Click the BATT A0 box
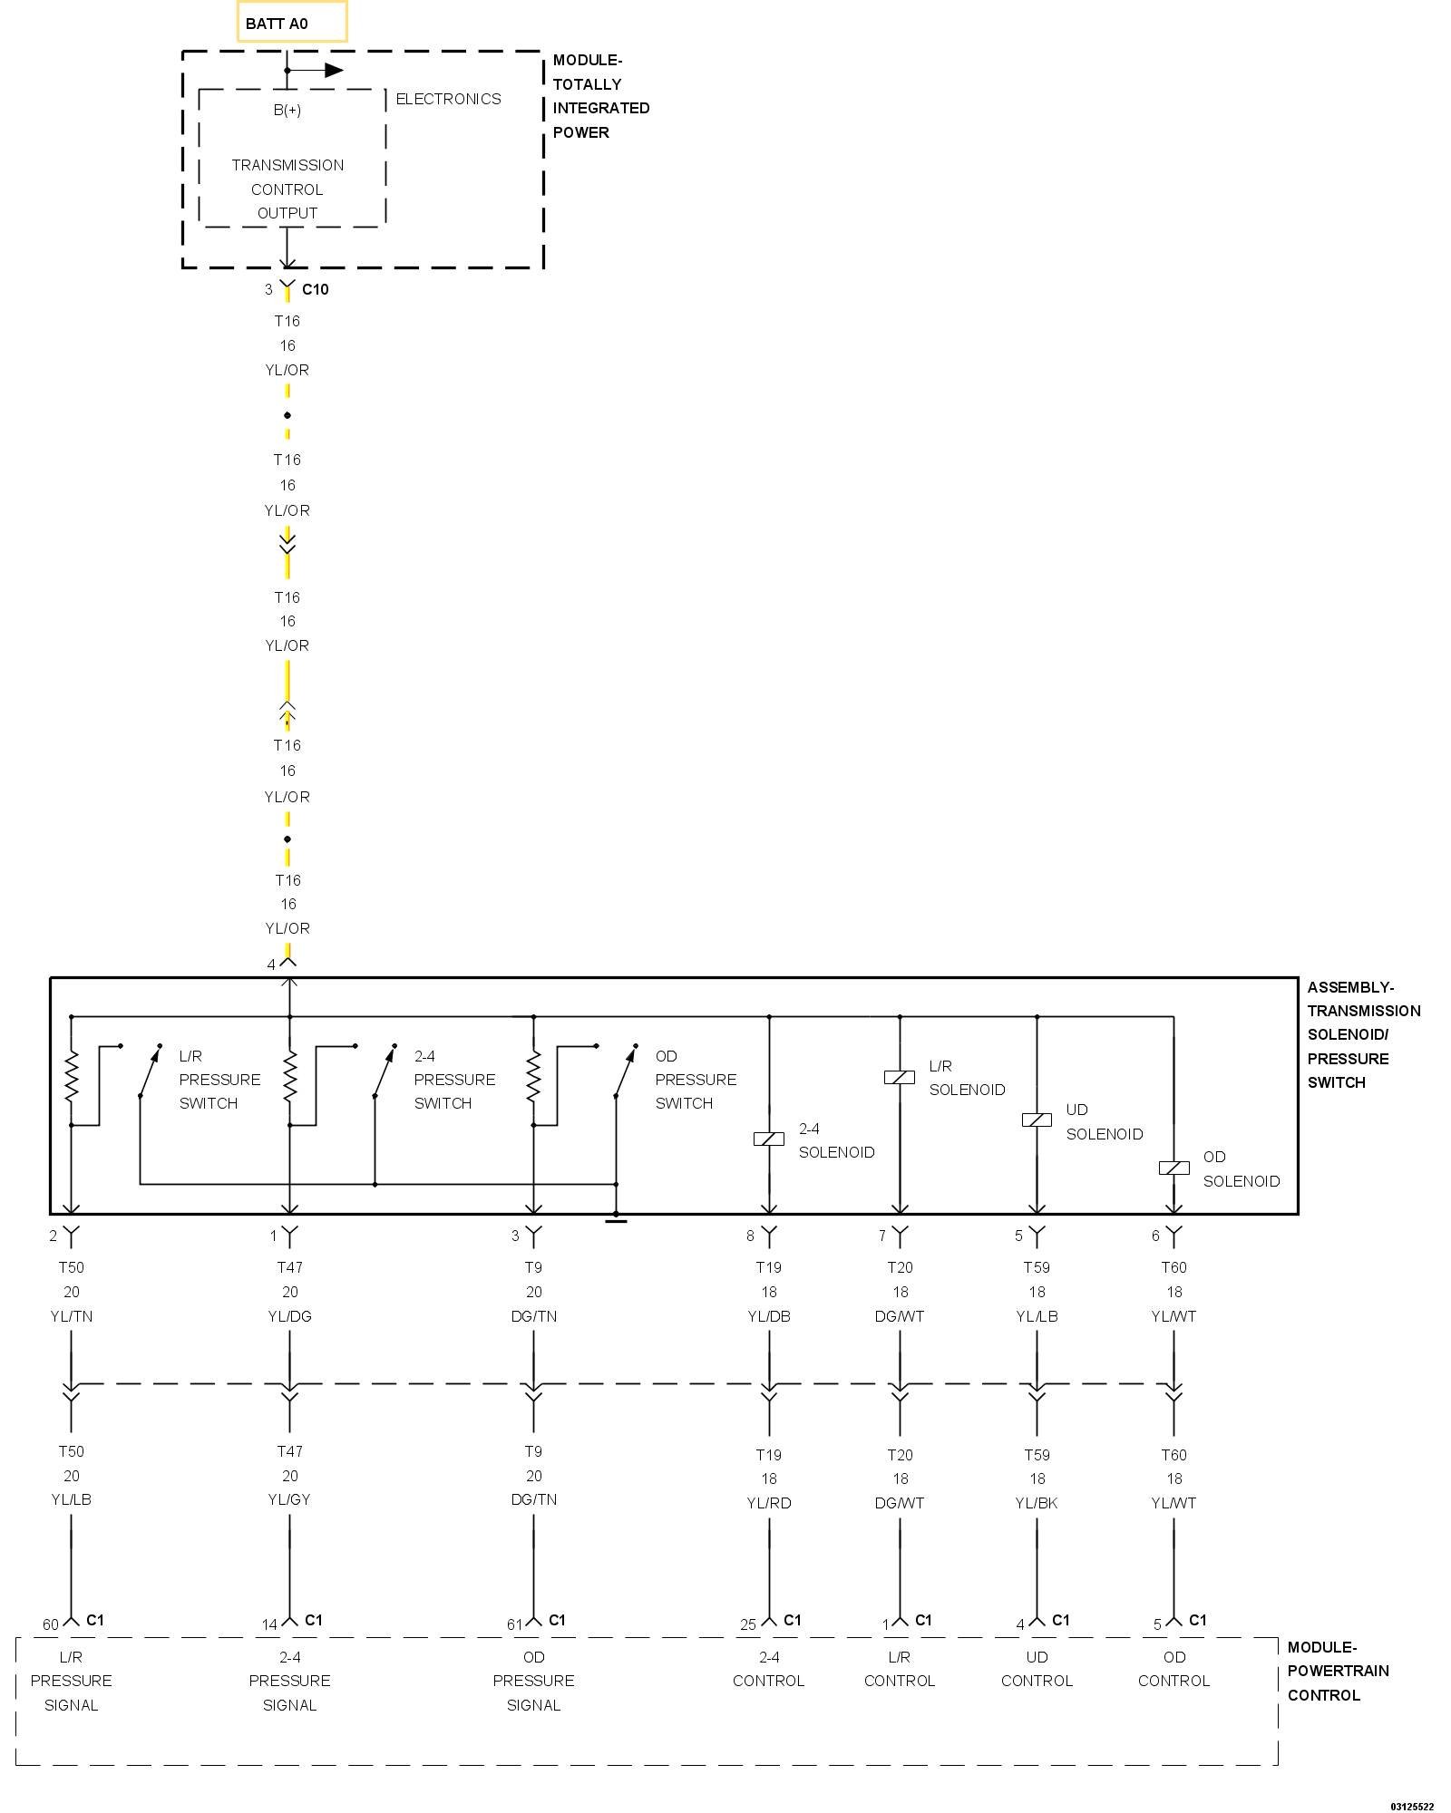click(291, 23)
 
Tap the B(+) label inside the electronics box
click(287, 110)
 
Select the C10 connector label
click(315, 289)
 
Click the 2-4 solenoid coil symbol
click(769, 1139)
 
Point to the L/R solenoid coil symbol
click(900, 1077)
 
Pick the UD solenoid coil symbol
click(1037, 1120)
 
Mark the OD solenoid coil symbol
click(1173, 1168)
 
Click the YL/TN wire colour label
click(72, 1316)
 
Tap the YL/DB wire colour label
click(769, 1316)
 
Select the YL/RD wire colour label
click(769, 1503)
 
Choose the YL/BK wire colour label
click(1037, 1503)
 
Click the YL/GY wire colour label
click(289, 1499)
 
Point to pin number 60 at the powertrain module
click(51, 1624)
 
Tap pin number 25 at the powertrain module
click(747, 1624)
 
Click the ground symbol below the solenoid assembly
click(616, 1220)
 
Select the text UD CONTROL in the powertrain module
click(1037, 1669)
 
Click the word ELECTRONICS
click(448, 99)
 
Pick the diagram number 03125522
click(1412, 1806)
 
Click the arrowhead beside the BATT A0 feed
click(334, 70)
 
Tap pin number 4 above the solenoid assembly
click(271, 965)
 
